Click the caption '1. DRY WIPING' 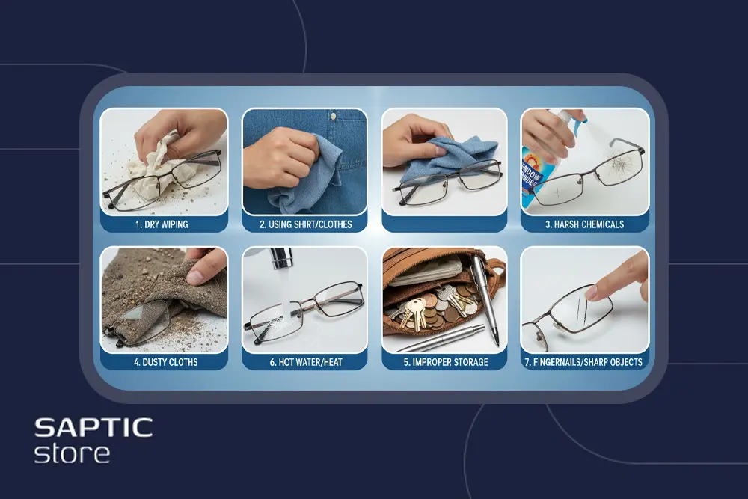pos(162,224)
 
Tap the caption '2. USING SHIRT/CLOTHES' pos(305,224)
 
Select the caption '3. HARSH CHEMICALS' pos(584,224)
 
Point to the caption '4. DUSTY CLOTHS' pos(165,362)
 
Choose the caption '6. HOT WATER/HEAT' pos(306,362)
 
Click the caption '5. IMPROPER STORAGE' pos(446,362)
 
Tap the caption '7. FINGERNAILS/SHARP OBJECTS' pos(583,362)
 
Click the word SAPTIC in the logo pos(93,427)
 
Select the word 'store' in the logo pos(72,453)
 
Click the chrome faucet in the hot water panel pos(281,258)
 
